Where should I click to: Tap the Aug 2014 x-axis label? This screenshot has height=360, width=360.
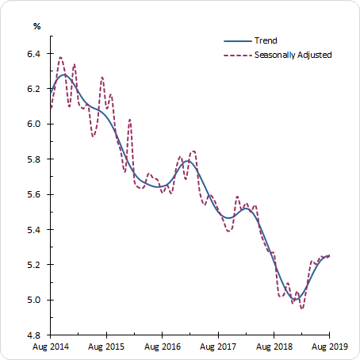[x=49, y=347]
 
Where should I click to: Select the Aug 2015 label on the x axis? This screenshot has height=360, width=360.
[x=105, y=347]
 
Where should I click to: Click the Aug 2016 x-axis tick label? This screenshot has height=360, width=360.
[x=161, y=347]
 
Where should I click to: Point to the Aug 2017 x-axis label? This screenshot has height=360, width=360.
[x=217, y=347]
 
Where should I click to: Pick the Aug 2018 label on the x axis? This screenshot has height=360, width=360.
[x=273, y=347]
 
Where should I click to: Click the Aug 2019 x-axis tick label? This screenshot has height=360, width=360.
[x=328, y=347]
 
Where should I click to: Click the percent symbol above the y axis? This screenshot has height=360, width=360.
[x=36, y=26]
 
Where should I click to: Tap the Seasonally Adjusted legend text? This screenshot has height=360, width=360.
[x=293, y=55]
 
